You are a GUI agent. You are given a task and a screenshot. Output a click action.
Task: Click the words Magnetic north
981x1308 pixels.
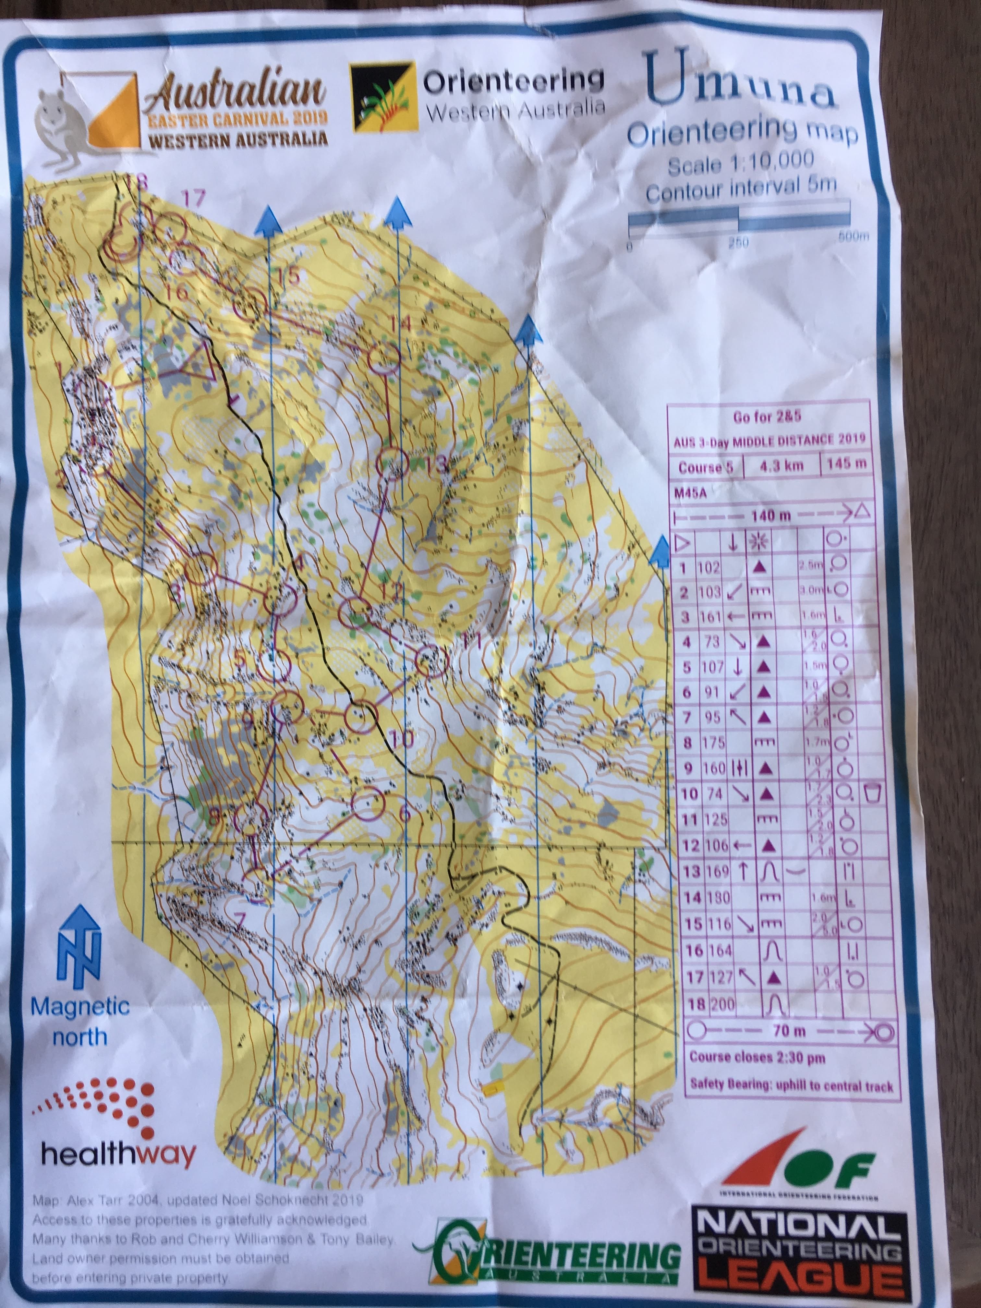[80, 1021]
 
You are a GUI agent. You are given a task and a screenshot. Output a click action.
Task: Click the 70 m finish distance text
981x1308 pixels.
[789, 1031]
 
